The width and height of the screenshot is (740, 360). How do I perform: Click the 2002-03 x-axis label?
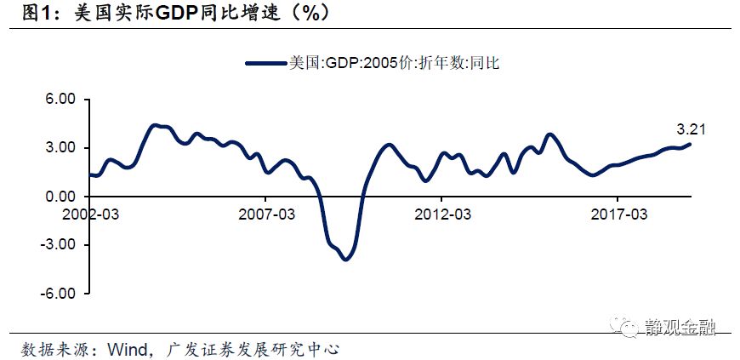90,214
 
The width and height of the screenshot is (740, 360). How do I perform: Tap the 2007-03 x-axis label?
266,214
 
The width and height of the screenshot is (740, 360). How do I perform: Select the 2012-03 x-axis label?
442,214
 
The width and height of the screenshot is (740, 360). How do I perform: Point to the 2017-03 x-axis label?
618,214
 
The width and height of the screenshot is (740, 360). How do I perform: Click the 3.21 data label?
692,130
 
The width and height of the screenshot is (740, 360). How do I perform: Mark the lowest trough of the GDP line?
344,259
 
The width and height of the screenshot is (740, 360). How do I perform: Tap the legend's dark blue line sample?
266,62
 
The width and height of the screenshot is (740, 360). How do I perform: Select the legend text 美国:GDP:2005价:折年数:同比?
392,62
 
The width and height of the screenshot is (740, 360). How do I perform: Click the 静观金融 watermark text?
681,326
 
